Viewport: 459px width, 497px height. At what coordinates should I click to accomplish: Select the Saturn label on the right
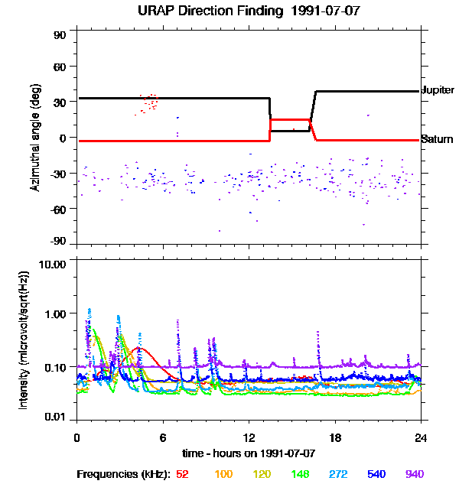437,140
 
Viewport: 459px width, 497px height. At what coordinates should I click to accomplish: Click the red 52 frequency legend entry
182,474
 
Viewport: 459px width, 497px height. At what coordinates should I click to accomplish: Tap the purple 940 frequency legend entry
415,474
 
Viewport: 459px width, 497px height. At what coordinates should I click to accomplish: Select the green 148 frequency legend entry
299,474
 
